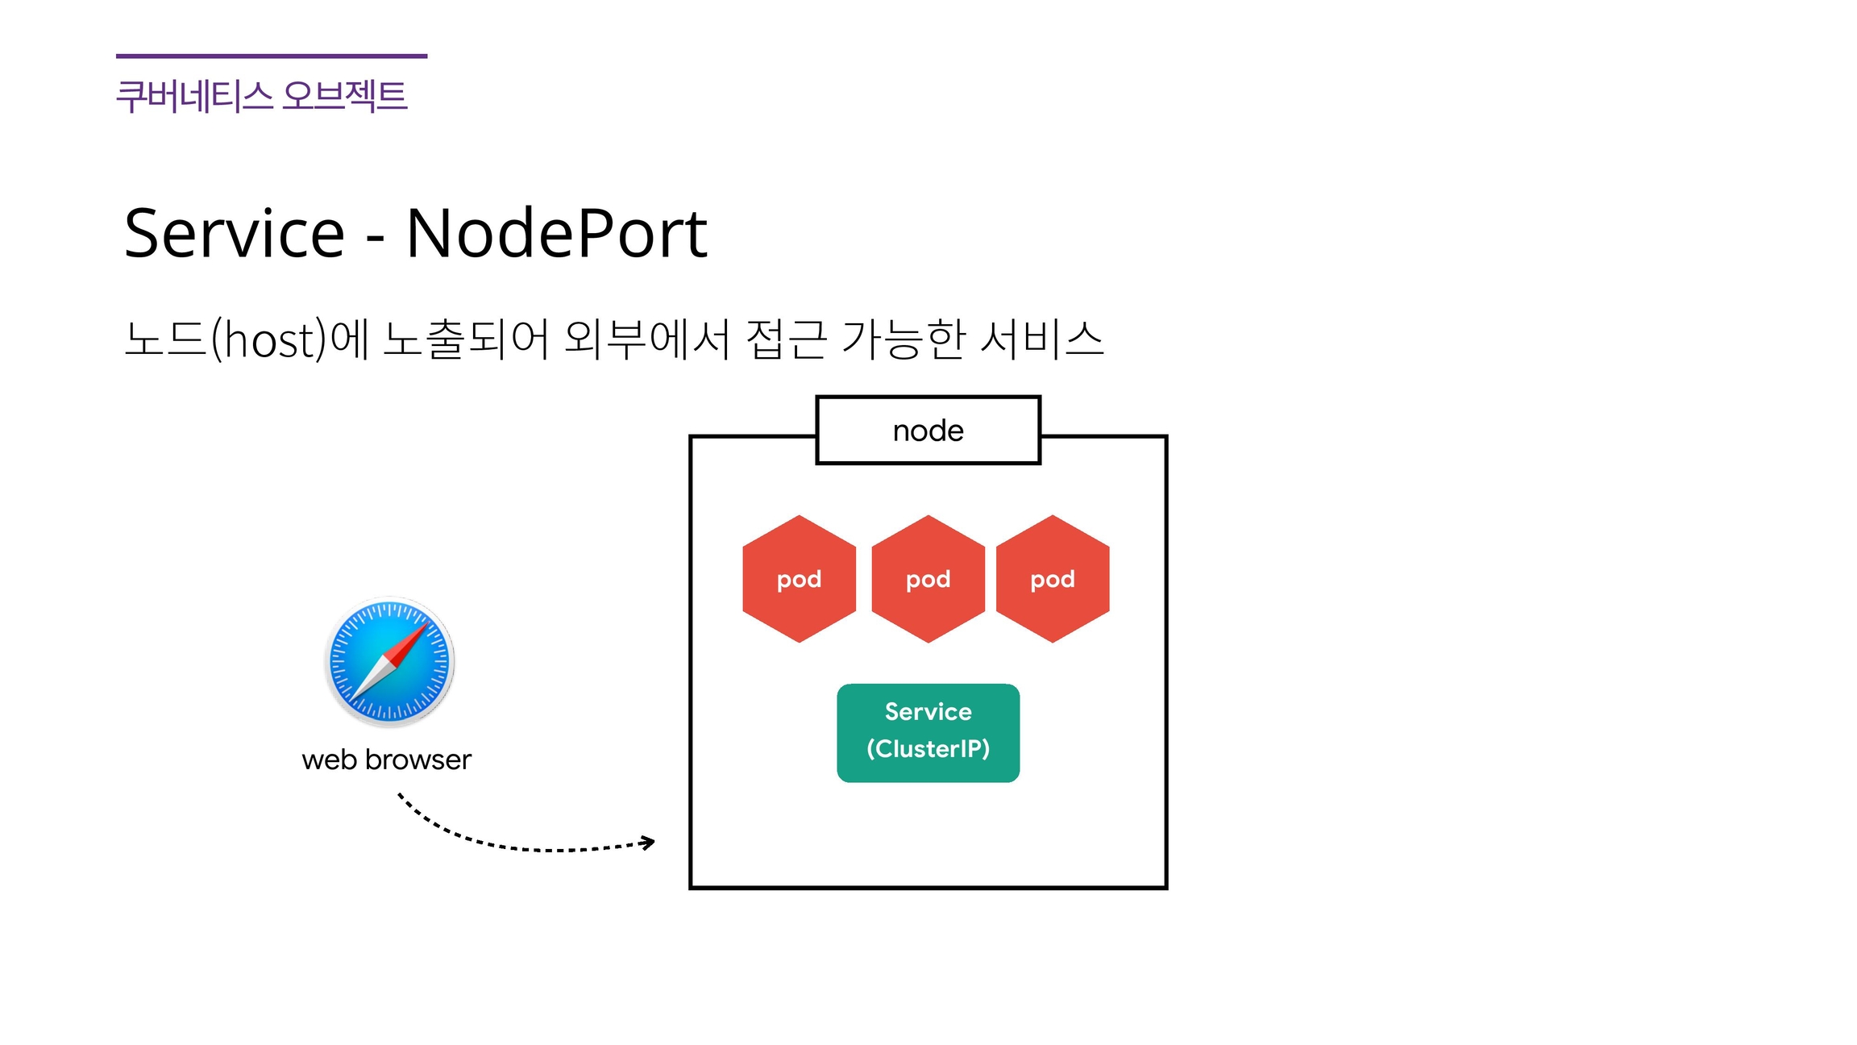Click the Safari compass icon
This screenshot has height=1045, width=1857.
390,662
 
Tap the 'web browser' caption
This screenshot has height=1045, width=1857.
386,760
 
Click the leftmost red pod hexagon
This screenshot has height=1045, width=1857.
799,579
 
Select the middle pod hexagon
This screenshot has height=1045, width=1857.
928,579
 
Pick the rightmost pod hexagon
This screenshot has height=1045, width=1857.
1053,579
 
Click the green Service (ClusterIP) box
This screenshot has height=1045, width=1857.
928,732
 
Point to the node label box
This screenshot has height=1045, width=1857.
928,431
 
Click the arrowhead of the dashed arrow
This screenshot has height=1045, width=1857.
649,843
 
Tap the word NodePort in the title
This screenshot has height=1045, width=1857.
556,234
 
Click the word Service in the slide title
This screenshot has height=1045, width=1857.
235,234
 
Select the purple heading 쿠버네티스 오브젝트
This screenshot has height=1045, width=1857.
261,96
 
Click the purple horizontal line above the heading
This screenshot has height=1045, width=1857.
272,56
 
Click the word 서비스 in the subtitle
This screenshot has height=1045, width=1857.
1041,339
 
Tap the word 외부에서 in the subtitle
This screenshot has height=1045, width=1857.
647,339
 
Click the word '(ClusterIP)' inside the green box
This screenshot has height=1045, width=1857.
928,749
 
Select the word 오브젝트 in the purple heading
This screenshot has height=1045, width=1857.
344,96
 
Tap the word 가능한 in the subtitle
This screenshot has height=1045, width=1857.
904,339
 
